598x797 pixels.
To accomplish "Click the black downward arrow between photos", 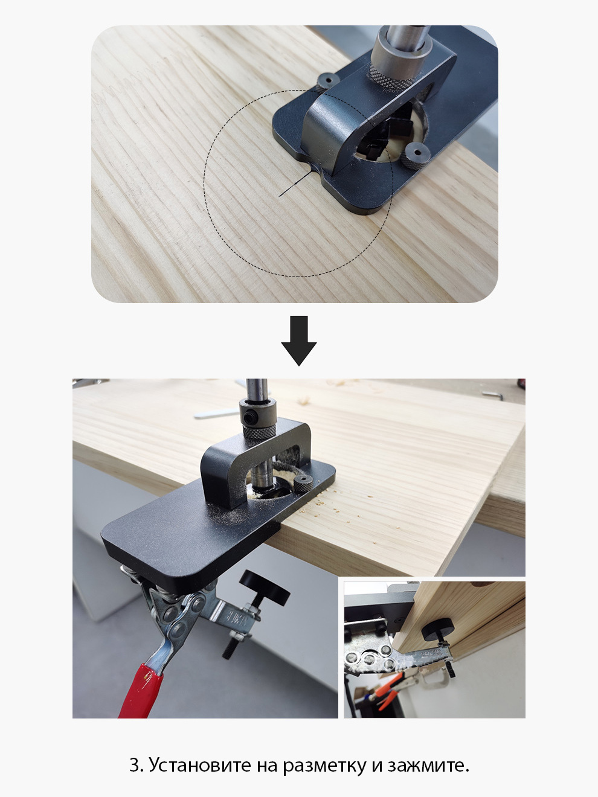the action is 299,341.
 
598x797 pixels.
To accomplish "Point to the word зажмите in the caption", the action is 428,765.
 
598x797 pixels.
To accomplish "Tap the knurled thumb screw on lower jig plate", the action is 303,484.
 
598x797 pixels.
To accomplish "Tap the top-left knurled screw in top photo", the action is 327,82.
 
